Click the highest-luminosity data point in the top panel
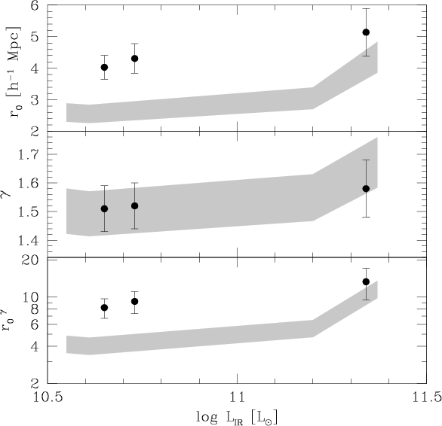[x=366, y=32]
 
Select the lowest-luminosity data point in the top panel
[x=104, y=67]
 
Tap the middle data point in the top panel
[x=135, y=59]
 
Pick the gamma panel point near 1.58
[x=366, y=188]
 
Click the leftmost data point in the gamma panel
[x=104, y=208]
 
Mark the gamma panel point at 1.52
[x=135, y=206]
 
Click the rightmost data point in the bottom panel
[x=366, y=281]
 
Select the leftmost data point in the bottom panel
[x=104, y=308]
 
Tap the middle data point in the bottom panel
[x=135, y=301]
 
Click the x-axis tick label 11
[x=237, y=397]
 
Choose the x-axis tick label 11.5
[x=426, y=397]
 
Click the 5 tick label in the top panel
[x=35, y=37]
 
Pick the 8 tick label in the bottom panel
[x=35, y=309]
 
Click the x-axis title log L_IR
[x=237, y=418]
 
